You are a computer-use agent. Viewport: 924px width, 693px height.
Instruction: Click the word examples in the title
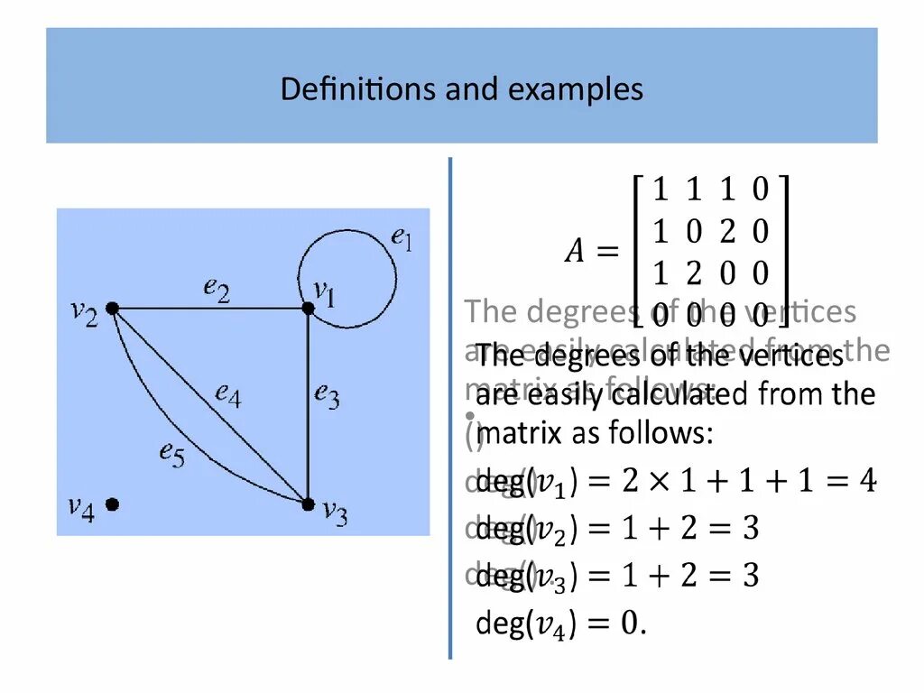point(586,90)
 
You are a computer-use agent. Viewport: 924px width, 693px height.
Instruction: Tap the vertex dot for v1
point(308,309)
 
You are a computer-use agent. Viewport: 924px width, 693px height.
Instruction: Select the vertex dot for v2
point(112,309)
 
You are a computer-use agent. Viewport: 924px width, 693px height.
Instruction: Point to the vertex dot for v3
point(308,504)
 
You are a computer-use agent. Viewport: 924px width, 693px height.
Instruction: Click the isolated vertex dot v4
point(112,504)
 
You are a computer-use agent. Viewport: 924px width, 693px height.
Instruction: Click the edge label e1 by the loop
point(401,239)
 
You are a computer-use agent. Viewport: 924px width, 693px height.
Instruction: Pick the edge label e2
point(217,289)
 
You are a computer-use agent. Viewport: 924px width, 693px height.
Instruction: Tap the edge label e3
point(327,395)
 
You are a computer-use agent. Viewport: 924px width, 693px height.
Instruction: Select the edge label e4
point(228,395)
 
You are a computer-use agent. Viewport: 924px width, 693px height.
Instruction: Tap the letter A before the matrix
point(575,253)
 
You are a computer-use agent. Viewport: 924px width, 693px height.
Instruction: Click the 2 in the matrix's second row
point(727,232)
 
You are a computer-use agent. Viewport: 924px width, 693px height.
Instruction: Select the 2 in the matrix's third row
point(694,273)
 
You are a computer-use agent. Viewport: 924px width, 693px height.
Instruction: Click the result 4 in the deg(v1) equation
point(866,481)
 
